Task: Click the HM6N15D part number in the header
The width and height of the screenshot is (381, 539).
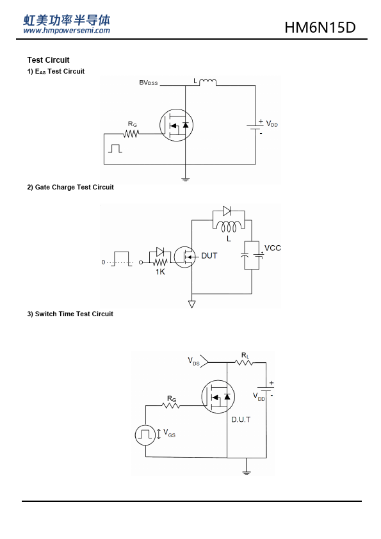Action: click(320, 28)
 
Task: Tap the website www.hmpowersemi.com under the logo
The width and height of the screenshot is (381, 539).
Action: click(67, 30)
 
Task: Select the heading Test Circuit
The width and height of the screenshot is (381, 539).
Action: click(48, 60)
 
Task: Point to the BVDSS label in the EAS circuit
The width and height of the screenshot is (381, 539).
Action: click(148, 83)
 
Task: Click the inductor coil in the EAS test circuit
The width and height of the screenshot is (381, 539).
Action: click(207, 82)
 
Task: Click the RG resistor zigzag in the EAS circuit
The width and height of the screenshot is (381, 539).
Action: click(131, 134)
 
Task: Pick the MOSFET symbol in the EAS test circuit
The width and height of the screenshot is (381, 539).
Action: click(176, 125)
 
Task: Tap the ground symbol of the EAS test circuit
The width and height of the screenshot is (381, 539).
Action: click(185, 179)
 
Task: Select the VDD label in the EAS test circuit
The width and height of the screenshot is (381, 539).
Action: click(272, 124)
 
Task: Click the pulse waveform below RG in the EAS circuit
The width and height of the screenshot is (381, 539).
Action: click(115, 149)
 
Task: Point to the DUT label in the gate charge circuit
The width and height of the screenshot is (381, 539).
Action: click(209, 256)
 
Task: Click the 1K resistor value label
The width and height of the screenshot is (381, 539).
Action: click(160, 272)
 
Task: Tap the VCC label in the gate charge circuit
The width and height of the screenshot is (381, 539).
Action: click(272, 248)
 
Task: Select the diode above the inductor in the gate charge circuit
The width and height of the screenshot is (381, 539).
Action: click(227, 211)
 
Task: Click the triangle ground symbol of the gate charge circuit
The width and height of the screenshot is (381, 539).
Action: click(192, 304)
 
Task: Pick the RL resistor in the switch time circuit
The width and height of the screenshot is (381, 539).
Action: click(244, 362)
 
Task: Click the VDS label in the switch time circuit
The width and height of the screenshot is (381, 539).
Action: click(193, 361)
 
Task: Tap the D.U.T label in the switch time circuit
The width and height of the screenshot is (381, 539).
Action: click(241, 419)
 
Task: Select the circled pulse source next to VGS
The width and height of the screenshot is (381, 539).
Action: click(145, 435)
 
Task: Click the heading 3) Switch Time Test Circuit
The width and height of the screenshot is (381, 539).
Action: click(70, 314)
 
